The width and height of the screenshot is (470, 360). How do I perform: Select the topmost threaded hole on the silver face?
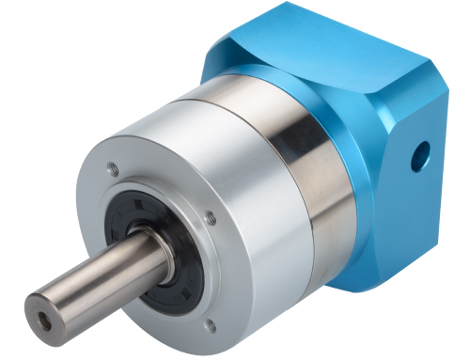[114, 170]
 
